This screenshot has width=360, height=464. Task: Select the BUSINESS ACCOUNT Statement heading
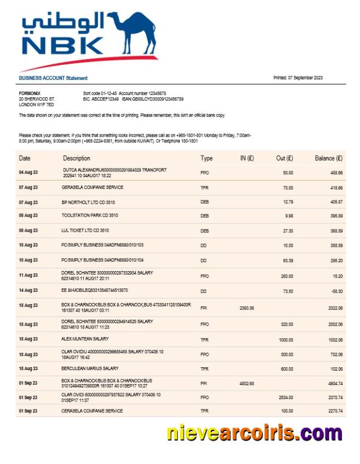pyautogui.click(x=53, y=78)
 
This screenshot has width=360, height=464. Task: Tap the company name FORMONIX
pyautogui.click(x=30, y=93)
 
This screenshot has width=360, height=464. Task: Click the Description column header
pyautogui.click(x=76, y=158)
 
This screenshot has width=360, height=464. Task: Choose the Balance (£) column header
pyautogui.click(x=329, y=158)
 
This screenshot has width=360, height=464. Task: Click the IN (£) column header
pyautogui.click(x=247, y=158)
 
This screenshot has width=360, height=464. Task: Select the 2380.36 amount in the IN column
pyautogui.click(x=247, y=308)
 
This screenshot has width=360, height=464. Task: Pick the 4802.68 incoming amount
pyautogui.click(x=247, y=383)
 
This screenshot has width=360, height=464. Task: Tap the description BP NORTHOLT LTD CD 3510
pyautogui.click(x=90, y=202)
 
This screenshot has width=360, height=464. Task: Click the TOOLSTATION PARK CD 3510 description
pyautogui.click(x=90, y=215)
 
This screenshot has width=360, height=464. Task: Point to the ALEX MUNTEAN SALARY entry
pyautogui.click(x=85, y=338)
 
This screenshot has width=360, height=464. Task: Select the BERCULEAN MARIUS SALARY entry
pyautogui.click(x=90, y=368)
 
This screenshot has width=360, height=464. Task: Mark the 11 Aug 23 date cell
pyautogui.click(x=28, y=275)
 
